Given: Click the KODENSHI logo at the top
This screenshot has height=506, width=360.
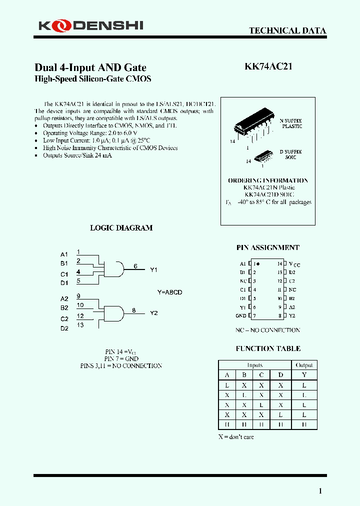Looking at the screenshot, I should (x=90, y=24).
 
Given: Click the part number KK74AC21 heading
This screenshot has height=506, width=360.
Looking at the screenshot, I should (x=268, y=67).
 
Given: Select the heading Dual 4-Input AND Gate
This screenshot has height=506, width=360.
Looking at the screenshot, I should (x=90, y=67).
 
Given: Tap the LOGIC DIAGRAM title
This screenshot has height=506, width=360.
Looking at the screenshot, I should (x=121, y=228).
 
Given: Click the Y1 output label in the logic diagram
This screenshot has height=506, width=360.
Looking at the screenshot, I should (x=154, y=270).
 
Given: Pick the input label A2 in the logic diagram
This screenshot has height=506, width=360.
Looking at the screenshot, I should (x=64, y=298).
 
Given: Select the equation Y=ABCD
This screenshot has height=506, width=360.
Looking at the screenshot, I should (x=170, y=292).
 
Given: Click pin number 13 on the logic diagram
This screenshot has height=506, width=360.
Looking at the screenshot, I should (x=80, y=325).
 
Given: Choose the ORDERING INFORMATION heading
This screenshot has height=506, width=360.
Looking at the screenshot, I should (x=268, y=180).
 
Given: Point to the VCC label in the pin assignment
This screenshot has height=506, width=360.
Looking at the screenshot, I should (x=294, y=264).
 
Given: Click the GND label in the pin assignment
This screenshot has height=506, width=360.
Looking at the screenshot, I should (x=240, y=316).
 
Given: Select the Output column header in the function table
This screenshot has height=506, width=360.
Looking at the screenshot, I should (x=304, y=365).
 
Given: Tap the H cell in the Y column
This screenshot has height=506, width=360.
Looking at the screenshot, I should (x=304, y=424).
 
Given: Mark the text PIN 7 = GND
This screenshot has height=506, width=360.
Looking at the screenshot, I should (x=121, y=358).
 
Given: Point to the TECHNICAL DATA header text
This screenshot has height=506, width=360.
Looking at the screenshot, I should (x=287, y=31).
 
